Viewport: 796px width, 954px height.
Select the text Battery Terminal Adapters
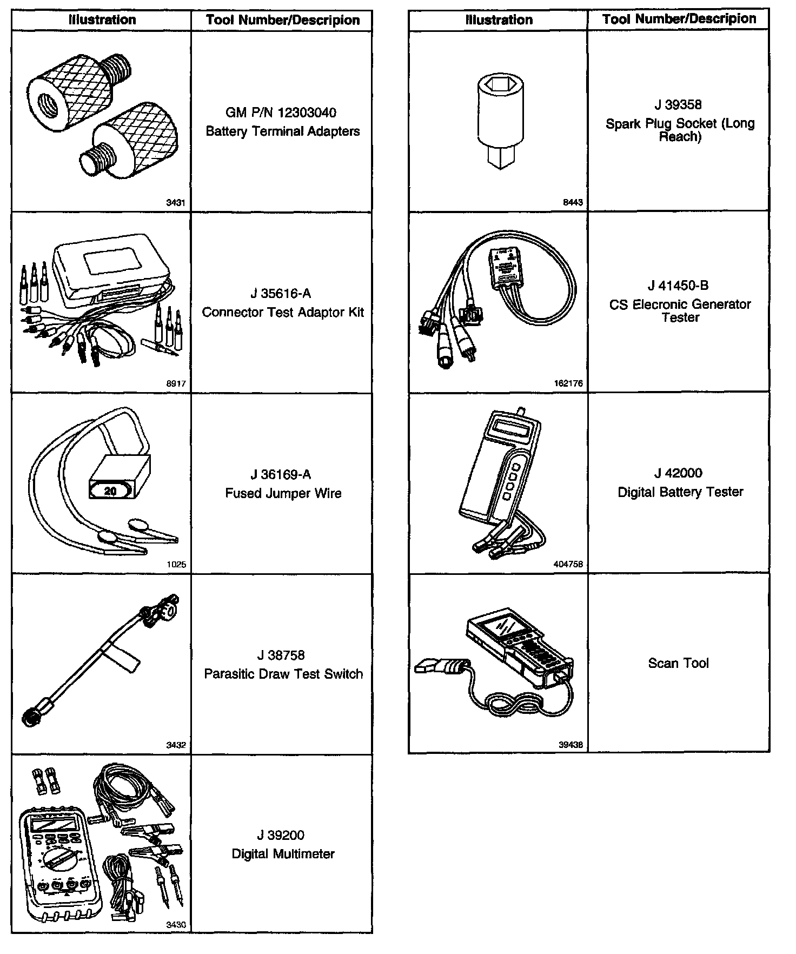tap(282, 131)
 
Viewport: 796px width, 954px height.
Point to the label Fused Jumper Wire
tap(283, 493)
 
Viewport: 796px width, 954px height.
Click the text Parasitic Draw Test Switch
tap(283, 674)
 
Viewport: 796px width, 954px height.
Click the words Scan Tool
tap(678, 664)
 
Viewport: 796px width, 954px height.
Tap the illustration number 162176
tap(569, 383)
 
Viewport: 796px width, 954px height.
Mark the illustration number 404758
tap(569, 564)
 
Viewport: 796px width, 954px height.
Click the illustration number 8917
tap(176, 383)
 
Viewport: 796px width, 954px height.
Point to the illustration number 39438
tap(571, 745)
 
